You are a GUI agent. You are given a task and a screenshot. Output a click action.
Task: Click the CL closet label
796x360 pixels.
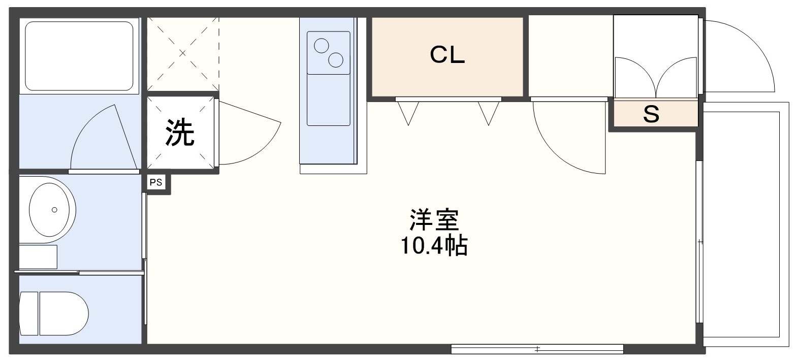[x=448, y=55]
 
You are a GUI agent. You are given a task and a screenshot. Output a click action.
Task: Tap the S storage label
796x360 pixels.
[x=651, y=115]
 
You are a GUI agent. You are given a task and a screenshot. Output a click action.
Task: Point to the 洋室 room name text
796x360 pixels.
[x=434, y=220]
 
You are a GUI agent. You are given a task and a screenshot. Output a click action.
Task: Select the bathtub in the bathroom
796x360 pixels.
[x=79, y=55]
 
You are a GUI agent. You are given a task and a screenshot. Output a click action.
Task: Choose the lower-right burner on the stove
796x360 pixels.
[x=336, y=60]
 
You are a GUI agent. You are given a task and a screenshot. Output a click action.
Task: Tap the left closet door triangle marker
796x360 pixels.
[x=408, y=112]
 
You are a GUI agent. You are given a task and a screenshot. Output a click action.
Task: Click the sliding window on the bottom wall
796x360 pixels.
[x=537, y=349]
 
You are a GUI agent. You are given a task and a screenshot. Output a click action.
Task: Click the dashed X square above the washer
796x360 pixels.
[x=183, y=53]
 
